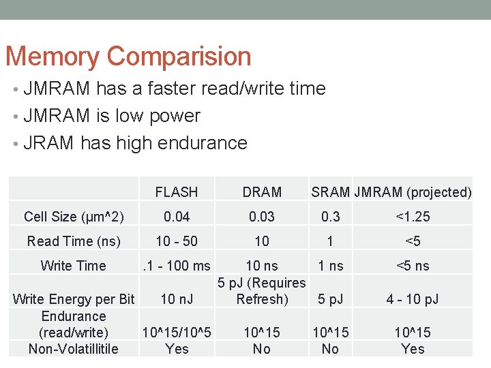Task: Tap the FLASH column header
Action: [x=176, y=192]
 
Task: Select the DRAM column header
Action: [x=262, y=192]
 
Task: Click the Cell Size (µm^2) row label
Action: [x=74, y=217]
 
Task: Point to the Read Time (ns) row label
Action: [x=74, y=241]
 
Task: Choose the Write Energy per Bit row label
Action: [x=74, y=299]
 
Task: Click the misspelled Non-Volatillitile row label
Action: [x=74, y=349]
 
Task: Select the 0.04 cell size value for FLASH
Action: [x=176, y=217]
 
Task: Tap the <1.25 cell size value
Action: [x=413, y=217]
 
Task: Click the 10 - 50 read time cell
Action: [x=176, y=241]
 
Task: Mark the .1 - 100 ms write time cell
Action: [x=176, y=266]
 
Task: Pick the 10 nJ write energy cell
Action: [x=176, y=299]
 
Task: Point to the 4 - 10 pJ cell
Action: [x=413, y=299]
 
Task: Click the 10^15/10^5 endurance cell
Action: [x=176, y=333]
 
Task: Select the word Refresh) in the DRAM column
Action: [x=262, y=299]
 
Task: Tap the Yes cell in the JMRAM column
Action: [x=413, y=349]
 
